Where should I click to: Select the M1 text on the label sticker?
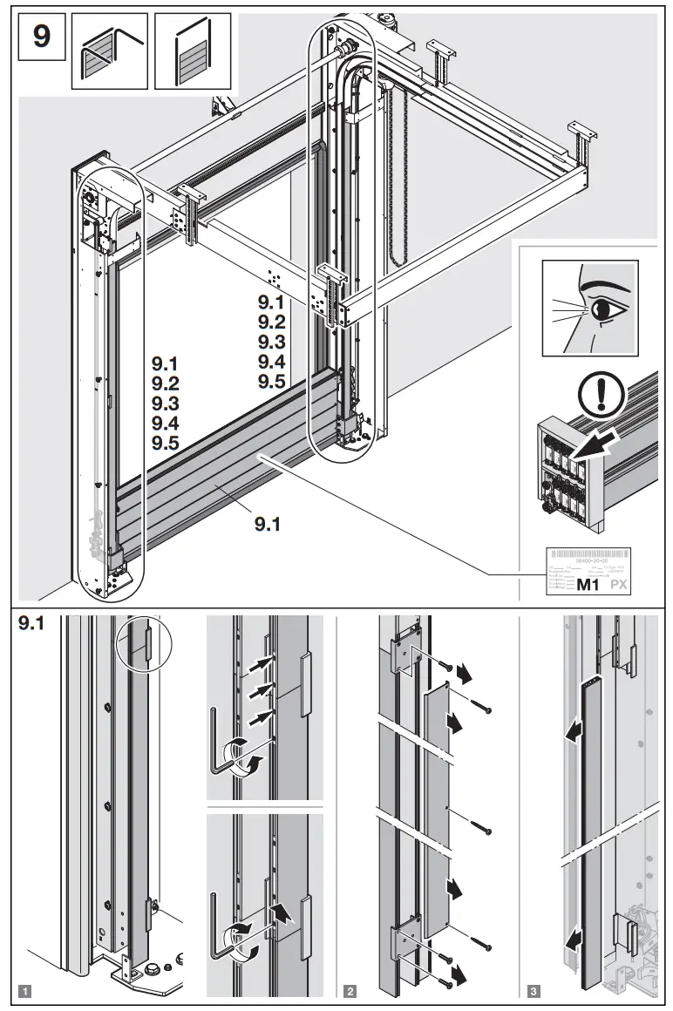[x=590, y=585]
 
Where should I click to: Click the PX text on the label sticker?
[x=618, y=585]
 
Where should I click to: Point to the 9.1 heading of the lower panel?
[x=32, y=624]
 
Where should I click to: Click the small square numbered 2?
[x=350, y=990]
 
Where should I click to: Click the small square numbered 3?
[x=533, y=990]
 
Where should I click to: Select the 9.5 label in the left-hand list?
[x=165, y=443]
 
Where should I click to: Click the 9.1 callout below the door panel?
[x=268, y=524]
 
